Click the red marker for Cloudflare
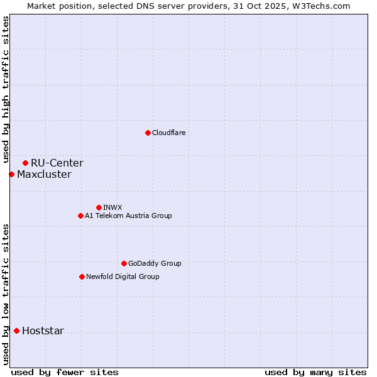[148, 133]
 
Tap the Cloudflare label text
[168, 133]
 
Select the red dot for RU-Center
[25, 163]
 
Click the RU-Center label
[57, 163]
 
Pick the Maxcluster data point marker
[11, 174]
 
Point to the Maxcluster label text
[44, 175]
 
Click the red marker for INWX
[99, 207]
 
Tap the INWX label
[112, 207]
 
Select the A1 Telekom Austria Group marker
[80, 216]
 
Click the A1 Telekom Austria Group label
[128, 216]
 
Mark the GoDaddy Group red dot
[124, 263]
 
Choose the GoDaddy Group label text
[155, 263]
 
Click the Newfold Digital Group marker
[82, 276]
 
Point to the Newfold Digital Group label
[123, 276]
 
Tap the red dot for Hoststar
[16, 331]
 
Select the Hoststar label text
[43, 331]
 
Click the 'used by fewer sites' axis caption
[65, 372]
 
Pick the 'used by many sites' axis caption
[315, 372]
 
